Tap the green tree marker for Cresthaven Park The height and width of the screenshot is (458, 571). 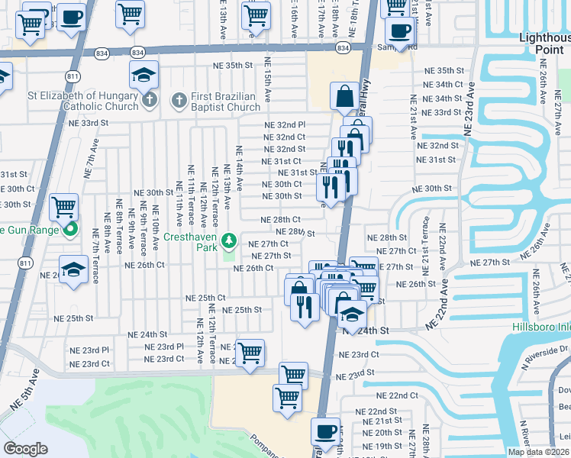coord(228,243)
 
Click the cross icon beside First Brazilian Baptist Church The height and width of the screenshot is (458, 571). coord(179,99)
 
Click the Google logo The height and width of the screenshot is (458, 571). coord(25,449)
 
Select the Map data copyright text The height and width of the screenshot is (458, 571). coord(538,452)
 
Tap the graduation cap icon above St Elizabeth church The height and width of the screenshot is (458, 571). coord(144,75)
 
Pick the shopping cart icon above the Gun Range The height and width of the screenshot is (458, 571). coord(64,205)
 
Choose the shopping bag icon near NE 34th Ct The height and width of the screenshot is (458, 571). coord(344,96)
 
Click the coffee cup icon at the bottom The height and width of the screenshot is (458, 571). coord(326,431)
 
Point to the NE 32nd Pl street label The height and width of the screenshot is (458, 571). coord(285,124)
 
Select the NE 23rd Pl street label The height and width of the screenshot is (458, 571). coord(165,347)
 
